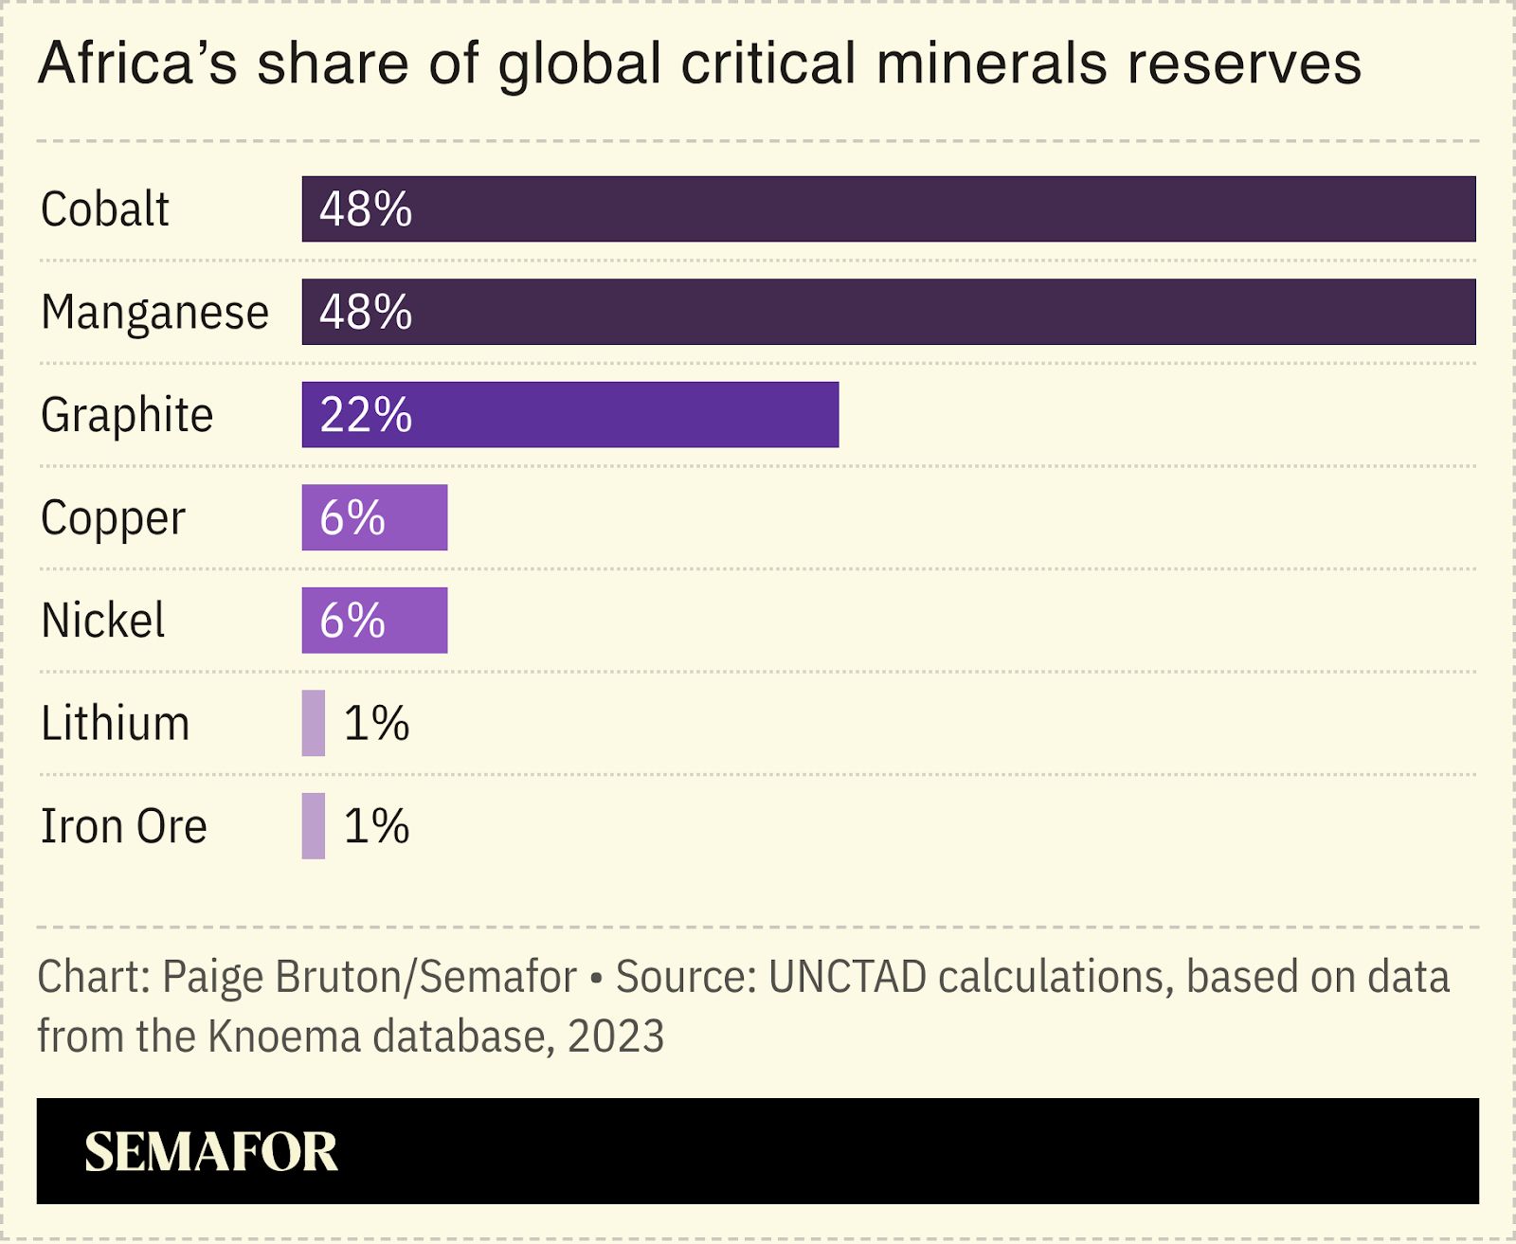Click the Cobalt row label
(104, 209)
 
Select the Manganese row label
(154, 313)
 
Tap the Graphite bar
(616, 415)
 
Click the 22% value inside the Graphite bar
(366, 415)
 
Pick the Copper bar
(417, 517)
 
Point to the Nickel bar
(417, 621)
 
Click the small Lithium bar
(313, 723)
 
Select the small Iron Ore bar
(313, 826)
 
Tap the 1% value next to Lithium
(376, 724)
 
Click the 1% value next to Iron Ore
(376, 826)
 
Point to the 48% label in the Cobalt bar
(366, 209)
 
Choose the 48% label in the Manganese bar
(366, 313)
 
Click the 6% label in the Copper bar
(352, 518)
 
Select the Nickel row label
(103, 621)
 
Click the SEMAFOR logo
(210, 1152)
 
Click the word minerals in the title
(991, 64)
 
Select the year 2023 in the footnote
(616, 1036)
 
